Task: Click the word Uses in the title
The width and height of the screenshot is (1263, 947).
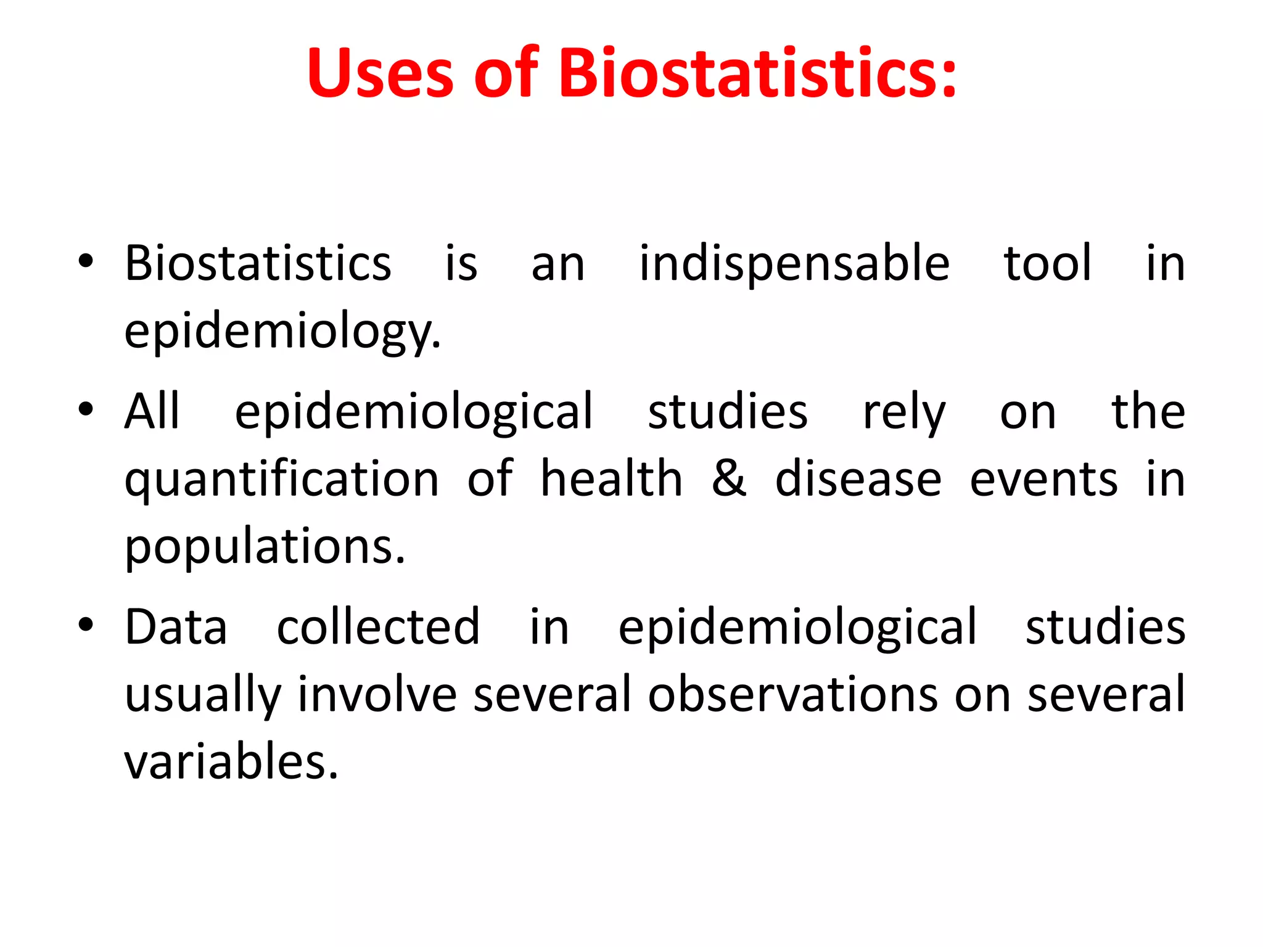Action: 380,74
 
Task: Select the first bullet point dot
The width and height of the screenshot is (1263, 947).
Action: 86,262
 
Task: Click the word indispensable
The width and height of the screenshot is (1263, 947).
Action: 794,264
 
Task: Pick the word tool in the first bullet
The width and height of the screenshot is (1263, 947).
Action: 1048,264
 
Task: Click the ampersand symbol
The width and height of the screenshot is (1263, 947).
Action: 728,479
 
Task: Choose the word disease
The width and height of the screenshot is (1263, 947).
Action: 858,479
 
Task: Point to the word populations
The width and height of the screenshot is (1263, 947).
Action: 265,547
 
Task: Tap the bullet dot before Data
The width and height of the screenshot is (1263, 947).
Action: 86,625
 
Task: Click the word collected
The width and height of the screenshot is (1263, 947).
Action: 378,627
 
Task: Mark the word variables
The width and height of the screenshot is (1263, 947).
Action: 231,762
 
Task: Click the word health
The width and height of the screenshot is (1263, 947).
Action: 611,479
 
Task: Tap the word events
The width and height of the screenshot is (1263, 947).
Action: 1043,479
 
